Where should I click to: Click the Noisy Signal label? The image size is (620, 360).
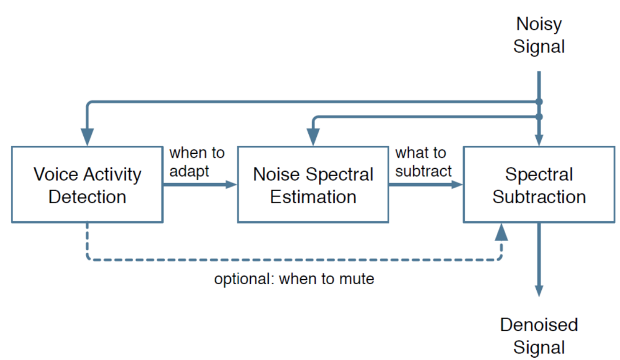pyautogui.click(x=539, y=35)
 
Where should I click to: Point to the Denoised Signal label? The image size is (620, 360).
pyautogui.click(x=539, y=336)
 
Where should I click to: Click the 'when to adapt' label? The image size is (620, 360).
pyautogui.click(x=196, y=162)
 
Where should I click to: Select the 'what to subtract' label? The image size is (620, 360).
pyautogui.click(x=423, y=162)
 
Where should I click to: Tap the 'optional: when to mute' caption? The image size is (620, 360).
pyautogui.click(x=294, y=279)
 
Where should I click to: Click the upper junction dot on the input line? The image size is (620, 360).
pyautogui.click(x=539, y=102)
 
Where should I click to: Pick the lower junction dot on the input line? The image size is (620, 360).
pyautogui.click(x=539, y=117)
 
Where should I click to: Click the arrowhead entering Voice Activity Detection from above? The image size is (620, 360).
pyautogui.click(x=87, y=137)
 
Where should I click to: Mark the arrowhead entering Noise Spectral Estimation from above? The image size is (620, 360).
pyautogui.click(x=313, y=137)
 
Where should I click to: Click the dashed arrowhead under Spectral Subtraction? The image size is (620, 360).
pyautogui.click(x=501, y=232)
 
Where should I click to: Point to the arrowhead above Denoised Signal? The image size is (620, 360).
pyautogui.click(x=539, y=291)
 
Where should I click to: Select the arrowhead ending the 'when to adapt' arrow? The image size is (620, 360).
pyautogui.click(x=231, y=184)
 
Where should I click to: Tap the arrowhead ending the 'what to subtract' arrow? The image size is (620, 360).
pyautogui.click(x=457, y=184)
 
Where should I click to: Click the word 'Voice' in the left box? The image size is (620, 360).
pyautogui.click(x=56, y=174)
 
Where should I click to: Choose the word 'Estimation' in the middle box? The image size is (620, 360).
pyautogui.click(x=313, y=196)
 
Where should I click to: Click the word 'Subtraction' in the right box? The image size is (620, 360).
pyautogui.click(x=539, y=196)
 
